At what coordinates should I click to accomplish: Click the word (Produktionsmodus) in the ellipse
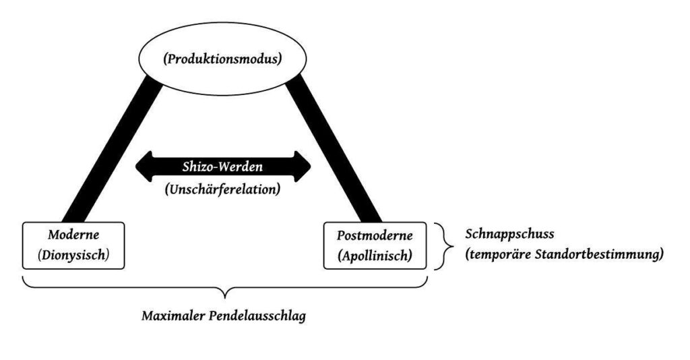tap(222, 59)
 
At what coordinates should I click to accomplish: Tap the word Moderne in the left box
tap(73, 237)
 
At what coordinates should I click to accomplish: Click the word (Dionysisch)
tap(73, 256)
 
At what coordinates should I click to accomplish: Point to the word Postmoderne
tap(375, 237)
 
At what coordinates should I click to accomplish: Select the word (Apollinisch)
tap(375, 256)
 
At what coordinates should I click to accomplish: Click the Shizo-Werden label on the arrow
tap(223, 167)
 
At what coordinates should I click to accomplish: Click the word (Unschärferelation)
tap(222, 189)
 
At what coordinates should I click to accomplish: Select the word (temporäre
tap(499, 256)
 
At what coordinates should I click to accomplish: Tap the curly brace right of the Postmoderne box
tap(443, 246)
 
